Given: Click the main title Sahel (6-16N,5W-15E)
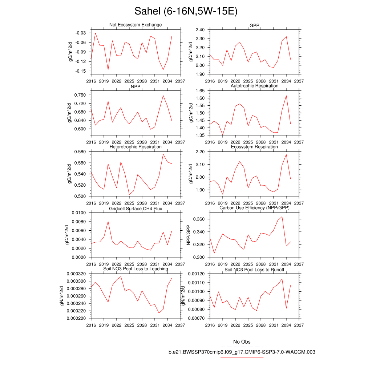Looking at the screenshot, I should [186, 11].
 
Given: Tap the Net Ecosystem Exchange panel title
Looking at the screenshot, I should [136, 25].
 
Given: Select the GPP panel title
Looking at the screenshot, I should [254, 25].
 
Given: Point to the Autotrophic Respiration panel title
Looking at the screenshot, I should [254, 86].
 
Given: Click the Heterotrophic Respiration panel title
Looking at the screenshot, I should [136, 147].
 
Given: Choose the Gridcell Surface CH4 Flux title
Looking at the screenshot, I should [136, 209].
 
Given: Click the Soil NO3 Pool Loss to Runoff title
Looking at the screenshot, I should [254, 270].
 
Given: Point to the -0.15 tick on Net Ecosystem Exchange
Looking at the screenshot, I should [81, 71].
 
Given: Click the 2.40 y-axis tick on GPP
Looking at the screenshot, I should [199, 29].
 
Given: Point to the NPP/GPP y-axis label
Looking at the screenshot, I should [188, 235].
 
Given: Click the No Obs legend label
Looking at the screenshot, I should [242, 342].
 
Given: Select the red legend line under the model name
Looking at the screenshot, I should [242, 357].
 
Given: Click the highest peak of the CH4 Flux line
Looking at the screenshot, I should [108, 221].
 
